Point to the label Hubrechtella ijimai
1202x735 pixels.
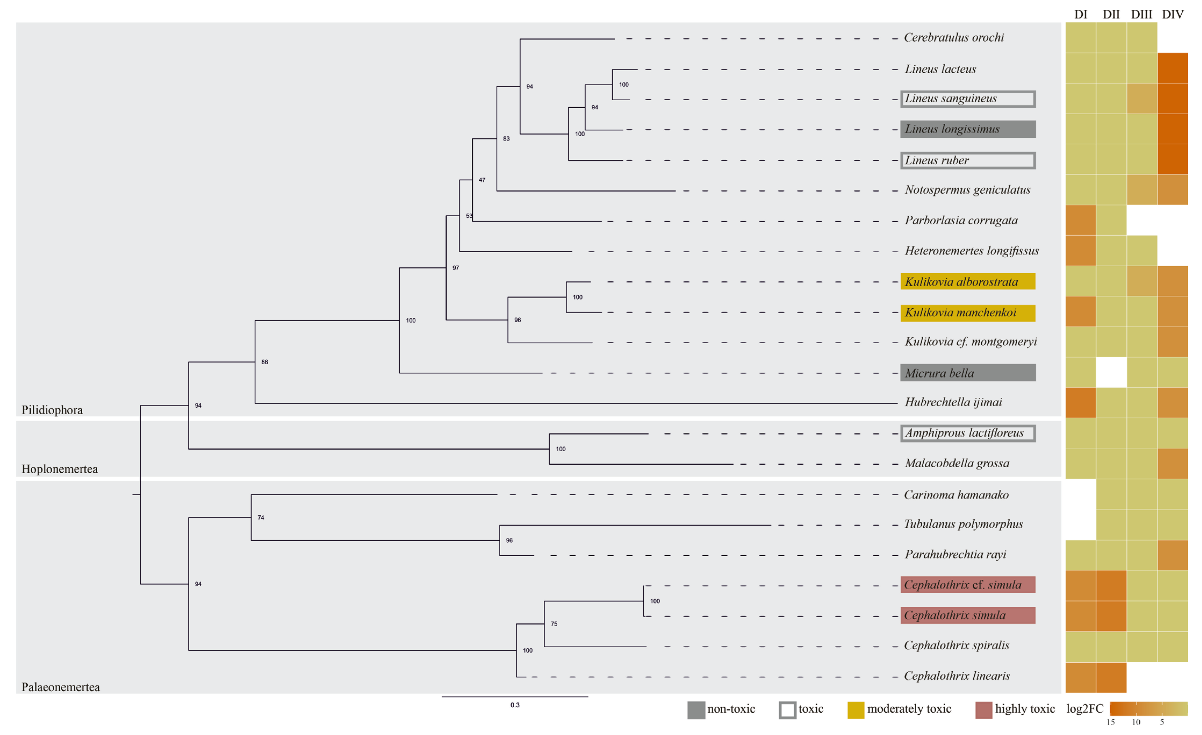tap(953, 402)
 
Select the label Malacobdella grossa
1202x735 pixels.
tap(957, 463)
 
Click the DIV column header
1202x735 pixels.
tap(1172, 14)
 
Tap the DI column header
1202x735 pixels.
tap(1081, 14)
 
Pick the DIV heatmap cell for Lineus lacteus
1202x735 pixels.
tap(1172, 68)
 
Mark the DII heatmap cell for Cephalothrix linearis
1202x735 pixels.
tap(1111, 677)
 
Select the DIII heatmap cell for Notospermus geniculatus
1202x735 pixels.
tap(1142, 190)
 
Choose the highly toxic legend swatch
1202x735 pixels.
tap(984, 710)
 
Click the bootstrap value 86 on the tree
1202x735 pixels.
tap(264, 362)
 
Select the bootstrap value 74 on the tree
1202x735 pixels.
tap(261, 518)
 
